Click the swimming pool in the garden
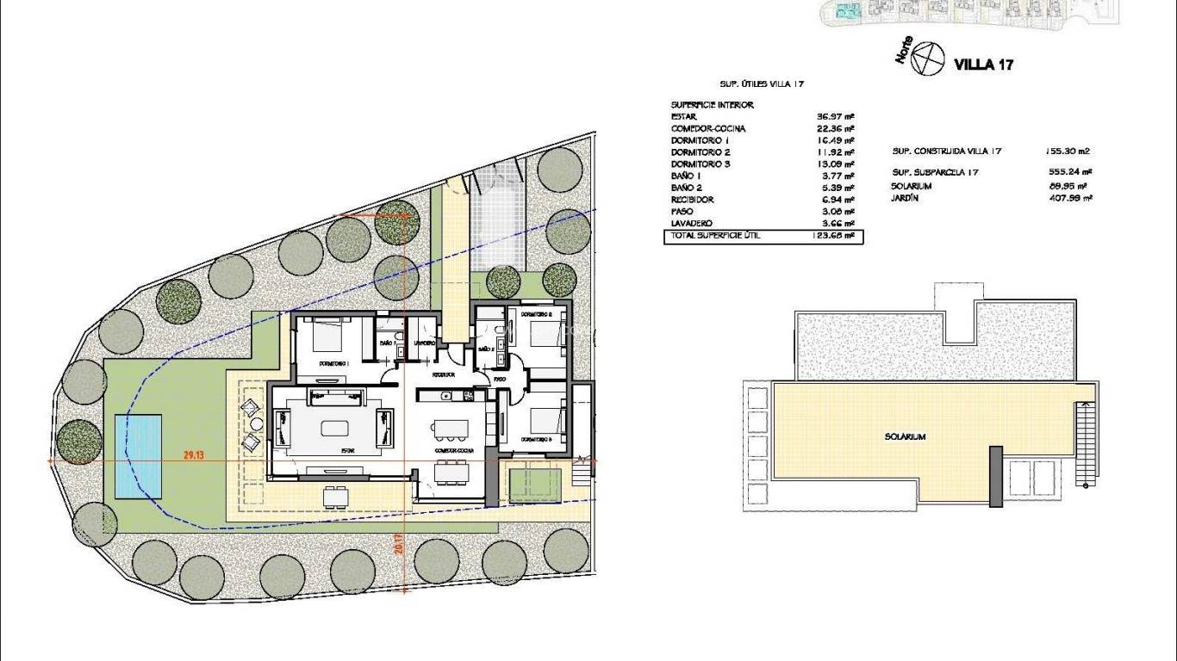pyautogui.click(x=138, y=457)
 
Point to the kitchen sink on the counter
pyautogui.click(x=445, y=396)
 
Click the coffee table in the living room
pyautogui.click(x=333, y=428)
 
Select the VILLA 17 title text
pyautogui.click(x=982, y=65)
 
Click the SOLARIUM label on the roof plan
pyautogui.click(x=905, y=436)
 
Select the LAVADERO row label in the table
pyautogui.click(x=692, y=223)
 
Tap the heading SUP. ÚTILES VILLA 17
pyautogui.click(x=762, y=84)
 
